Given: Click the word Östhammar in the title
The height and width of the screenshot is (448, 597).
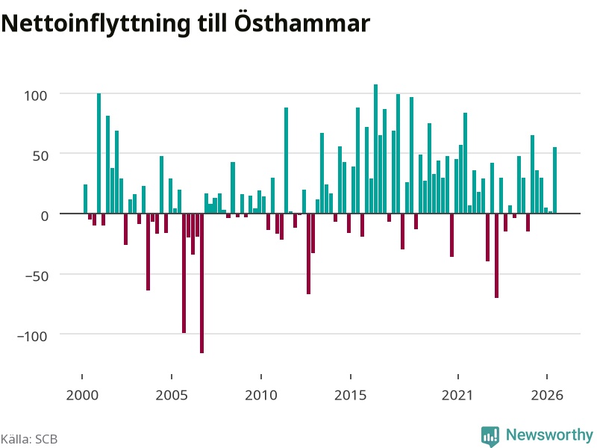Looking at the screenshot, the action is [x=301, y=23].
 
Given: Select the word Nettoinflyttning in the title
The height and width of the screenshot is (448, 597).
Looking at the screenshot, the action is [x=96, y=25].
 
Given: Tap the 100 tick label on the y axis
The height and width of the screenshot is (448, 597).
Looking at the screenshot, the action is [x=35, y=96].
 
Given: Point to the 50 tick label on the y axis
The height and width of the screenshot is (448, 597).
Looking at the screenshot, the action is [x=40, y=155].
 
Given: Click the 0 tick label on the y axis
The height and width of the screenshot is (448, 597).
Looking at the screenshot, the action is [x=45, y=216].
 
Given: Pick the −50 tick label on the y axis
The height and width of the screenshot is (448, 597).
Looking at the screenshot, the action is [x=37, y=276].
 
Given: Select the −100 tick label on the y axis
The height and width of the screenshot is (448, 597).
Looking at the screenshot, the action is [x=32, y=336].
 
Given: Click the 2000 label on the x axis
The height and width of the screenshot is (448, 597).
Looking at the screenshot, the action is [x=82, y=395].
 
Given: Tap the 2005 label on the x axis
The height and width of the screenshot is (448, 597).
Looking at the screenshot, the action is [x=172, y=395].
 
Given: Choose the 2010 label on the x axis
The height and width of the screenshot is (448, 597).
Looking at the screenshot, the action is [x=261, y=395].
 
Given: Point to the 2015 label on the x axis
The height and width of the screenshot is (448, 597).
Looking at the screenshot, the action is [x=351, y=395].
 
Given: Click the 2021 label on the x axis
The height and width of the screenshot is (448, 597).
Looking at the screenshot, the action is [x=457, y=395].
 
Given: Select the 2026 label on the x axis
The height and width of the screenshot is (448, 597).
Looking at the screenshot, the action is [x=547, y=395].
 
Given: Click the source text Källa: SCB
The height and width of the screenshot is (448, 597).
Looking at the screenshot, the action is [x=29, y=439].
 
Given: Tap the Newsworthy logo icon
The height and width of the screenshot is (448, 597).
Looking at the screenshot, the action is [x=490, y=436].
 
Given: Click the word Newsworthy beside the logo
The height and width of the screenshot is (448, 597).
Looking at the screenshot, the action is [x=549, y=435].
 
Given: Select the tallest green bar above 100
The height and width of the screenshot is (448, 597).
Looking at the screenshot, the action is [x=376, y=149].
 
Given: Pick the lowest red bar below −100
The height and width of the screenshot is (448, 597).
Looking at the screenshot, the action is [x=201, y=284].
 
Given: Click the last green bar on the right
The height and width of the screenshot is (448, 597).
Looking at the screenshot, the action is [x=554, y=180].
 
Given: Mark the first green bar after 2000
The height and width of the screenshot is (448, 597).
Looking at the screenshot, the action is [x=85, y=199].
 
